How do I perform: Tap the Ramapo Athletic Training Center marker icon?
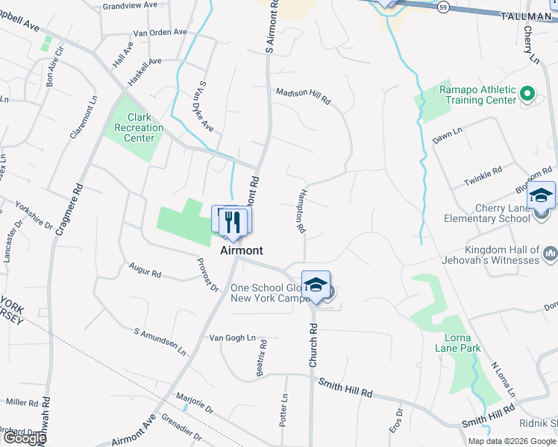point(527,94)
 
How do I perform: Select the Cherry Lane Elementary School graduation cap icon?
point(541,196)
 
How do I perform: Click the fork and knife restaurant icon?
point(233,221)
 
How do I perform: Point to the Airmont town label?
point(240,251)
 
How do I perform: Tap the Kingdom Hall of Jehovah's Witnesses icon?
point(551,254)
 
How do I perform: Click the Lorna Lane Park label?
point(459,342)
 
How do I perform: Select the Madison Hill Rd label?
point(303,95)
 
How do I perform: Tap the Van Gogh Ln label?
point(232,337)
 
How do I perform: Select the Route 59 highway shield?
point(443,6)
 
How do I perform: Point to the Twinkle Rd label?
point(483,178)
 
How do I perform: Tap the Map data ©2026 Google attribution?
point(512,441)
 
